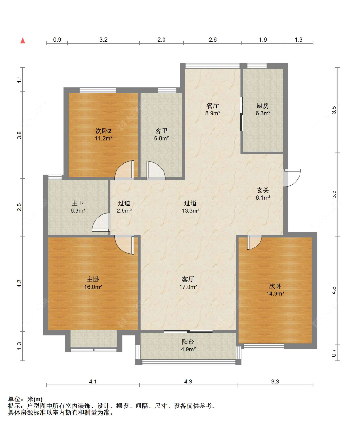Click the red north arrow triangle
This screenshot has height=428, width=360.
click(x=23, y=41)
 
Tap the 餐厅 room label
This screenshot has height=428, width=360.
click(x=212, y=106)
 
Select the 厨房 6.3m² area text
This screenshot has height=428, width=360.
click(x=263, y=113)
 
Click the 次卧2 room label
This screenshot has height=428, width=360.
click(x=103, y=131)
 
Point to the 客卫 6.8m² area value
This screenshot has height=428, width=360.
click(x=161, y=138)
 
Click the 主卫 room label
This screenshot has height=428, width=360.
click(x=78, y=203)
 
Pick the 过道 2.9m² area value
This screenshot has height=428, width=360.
click(x=124, y=210)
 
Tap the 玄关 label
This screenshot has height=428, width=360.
click(x=263, y=190)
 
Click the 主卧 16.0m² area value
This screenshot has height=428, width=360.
click(x=93, y=287)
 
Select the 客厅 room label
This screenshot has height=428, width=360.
click(x=188, y=279)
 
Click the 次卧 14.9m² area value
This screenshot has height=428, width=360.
click(x=275, y=293)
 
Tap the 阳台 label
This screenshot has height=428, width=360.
click(x=188, y=342)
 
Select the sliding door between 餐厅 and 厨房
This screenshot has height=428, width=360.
click(x=241, y=114)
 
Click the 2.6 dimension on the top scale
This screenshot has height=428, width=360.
click(x=212, y=40)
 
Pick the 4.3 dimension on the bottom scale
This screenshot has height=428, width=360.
click(x=188, y=382)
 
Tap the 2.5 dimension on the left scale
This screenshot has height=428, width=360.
click(x=19, y=207)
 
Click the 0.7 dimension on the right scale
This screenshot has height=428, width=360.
click(x=333, y=353)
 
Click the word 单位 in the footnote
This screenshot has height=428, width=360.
click(x=14, y=399)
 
